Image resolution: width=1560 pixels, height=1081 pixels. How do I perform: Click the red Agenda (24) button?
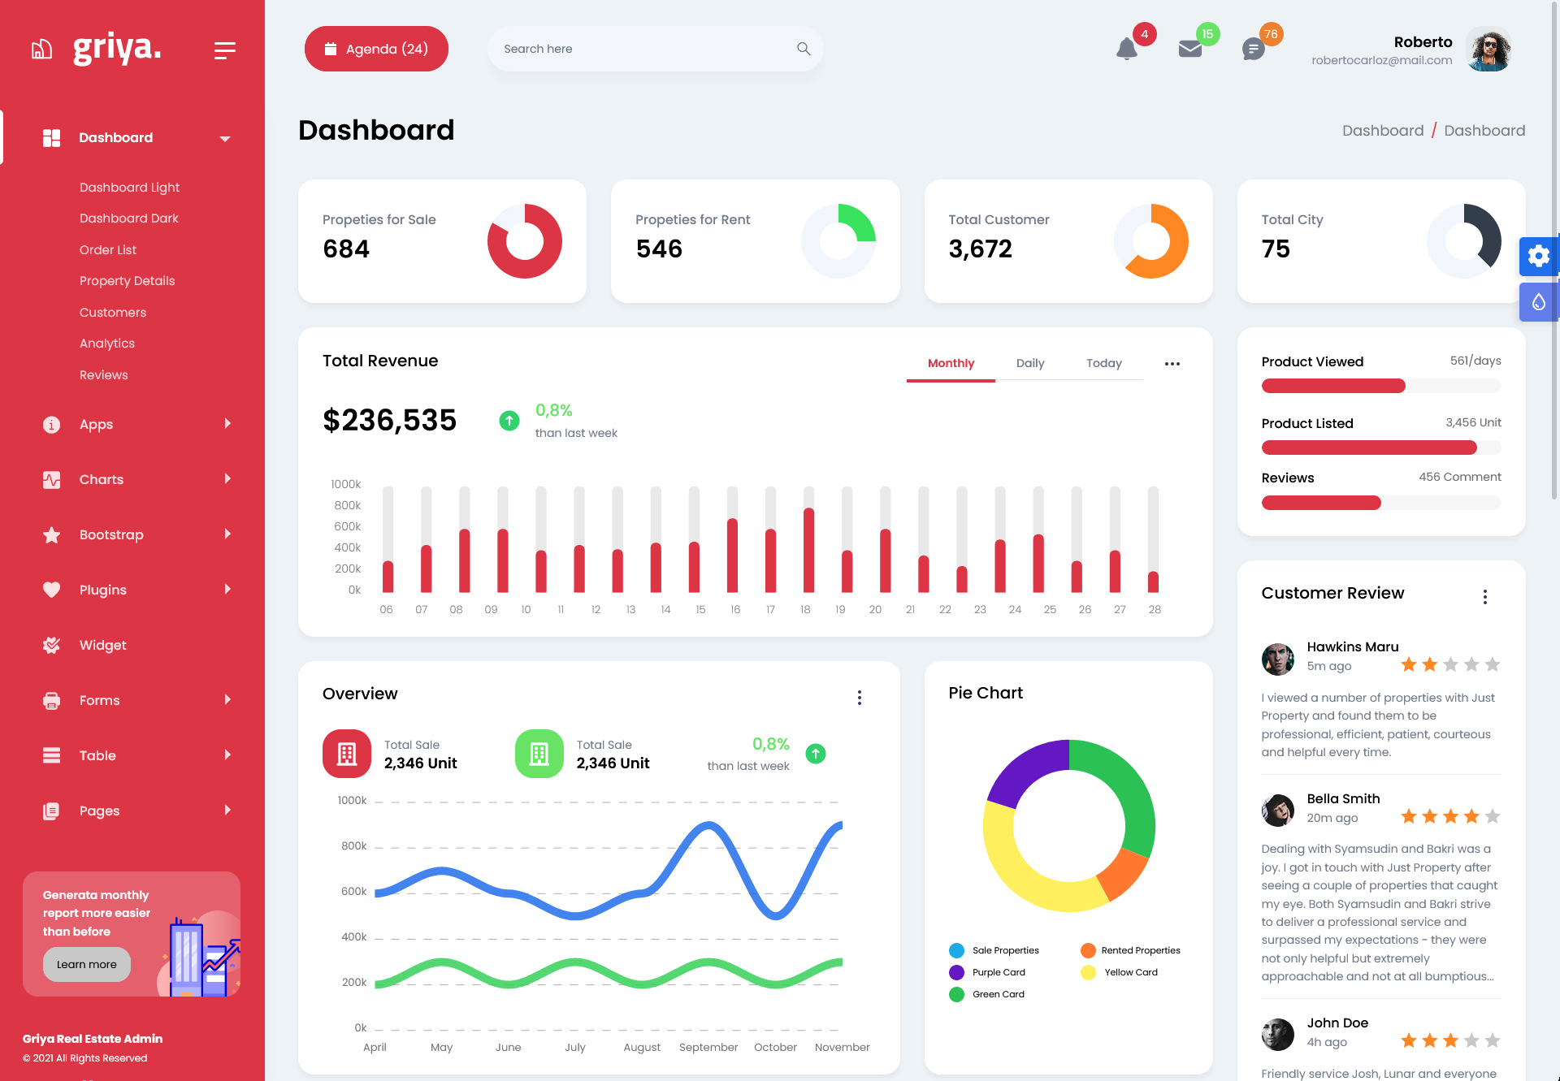tap(376, 49)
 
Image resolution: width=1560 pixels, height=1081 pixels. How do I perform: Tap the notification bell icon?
tap(1126, 50)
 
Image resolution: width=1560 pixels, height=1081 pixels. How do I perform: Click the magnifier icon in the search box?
tap(804, 49)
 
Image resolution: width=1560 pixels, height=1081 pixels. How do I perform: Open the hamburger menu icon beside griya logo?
tap(225, 50)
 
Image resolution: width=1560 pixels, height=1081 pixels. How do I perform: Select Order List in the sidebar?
tap(108, 250)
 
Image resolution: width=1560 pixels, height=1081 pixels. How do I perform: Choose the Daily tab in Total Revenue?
tap(1030, 363)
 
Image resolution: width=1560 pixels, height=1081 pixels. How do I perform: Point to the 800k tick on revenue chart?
tap(347, 505)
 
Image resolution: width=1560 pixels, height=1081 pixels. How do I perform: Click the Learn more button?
tap(87, 964)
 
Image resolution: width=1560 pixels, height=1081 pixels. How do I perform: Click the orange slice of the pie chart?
tap(1123, 875)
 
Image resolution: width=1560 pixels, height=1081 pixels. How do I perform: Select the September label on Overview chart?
tap(708, 1048)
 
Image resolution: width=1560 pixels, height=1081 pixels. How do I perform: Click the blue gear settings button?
tap(1538, 257)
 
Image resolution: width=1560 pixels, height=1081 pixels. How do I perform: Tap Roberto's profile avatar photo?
tap(1489, 50)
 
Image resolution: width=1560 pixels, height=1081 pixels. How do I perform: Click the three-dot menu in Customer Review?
tap(1485, 597)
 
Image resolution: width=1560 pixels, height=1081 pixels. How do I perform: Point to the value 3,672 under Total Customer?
tap(980, 249)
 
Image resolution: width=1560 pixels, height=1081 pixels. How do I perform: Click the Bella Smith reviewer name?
tap(1343, 798)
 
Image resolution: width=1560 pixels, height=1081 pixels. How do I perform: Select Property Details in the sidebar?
tap(128, 281)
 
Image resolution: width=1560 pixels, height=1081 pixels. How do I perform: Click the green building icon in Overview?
tap(539, 754)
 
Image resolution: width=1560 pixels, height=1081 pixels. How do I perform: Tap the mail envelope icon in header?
tap(1189, 50)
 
